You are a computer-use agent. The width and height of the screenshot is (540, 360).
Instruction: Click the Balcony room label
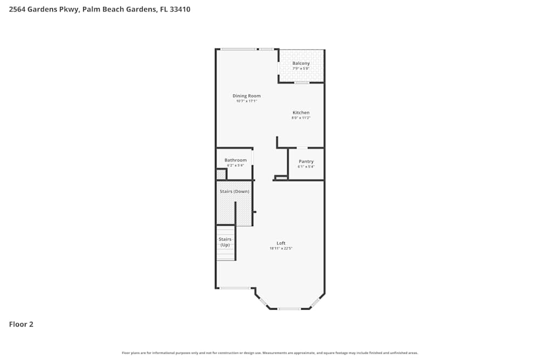click(301, 63)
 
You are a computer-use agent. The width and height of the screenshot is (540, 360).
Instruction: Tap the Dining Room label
click(246, 96)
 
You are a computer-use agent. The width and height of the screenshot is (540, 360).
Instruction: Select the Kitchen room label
click(301, 112)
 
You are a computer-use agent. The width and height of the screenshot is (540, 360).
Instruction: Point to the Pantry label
click(306, 161)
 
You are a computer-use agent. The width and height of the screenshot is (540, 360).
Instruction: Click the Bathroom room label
click(235, 160)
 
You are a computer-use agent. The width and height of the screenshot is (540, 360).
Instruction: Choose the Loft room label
click(281, 243)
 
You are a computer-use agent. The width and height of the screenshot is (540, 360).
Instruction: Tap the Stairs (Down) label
click(234, 192)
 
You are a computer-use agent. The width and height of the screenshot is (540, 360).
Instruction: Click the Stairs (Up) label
click(225, 242)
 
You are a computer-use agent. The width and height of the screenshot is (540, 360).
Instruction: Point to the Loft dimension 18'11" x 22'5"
click(281, 248)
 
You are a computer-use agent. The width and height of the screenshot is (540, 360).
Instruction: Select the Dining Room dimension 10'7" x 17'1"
click(246, 101)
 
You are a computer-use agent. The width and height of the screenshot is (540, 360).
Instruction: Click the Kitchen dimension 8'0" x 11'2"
click(301, 118)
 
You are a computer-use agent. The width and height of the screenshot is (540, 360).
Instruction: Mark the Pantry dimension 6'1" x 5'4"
click(306, 167)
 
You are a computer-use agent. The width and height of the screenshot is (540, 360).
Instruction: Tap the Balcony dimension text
click(301, 69)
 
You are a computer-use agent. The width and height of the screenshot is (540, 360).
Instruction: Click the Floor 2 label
click(21, 324)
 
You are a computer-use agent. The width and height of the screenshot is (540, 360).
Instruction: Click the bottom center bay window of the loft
click(289, 309)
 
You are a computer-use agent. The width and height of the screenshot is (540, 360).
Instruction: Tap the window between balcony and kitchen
click(301, 83)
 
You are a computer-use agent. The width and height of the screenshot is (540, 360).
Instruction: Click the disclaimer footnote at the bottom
click(270, 352)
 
